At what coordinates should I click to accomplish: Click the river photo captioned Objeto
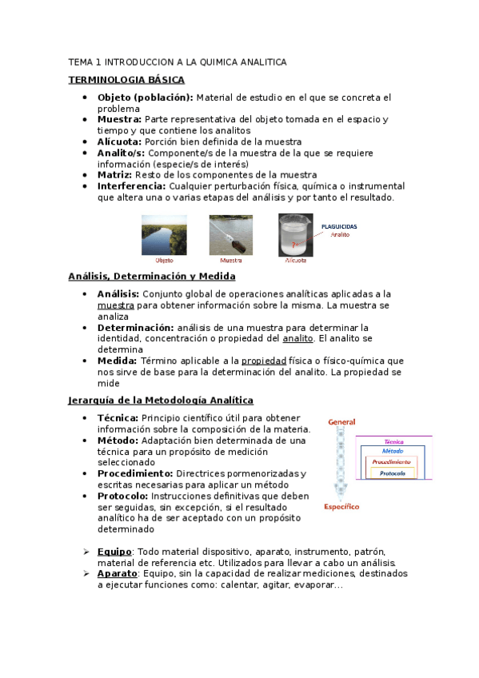point(164,234)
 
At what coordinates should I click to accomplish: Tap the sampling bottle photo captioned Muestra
point(231,234)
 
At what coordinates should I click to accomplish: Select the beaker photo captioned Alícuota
point(296,234)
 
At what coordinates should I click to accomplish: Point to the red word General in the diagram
point(341,422)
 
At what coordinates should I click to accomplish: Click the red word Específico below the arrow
point(341,506)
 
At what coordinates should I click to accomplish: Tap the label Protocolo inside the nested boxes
point(392,473)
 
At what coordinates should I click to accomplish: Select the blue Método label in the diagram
point(393,451)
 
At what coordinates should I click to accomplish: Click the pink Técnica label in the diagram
point(393,441)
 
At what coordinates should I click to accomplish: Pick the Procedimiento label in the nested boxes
point(392,462)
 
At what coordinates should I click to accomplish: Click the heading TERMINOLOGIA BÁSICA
point(126,80)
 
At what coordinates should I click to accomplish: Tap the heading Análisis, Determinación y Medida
point(152,276)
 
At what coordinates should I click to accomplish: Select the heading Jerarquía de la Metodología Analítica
point(160,400)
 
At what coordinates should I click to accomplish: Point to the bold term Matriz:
point(114,175)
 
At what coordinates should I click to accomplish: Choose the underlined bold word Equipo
point(114,552)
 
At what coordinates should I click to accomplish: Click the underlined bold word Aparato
point(117,574)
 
